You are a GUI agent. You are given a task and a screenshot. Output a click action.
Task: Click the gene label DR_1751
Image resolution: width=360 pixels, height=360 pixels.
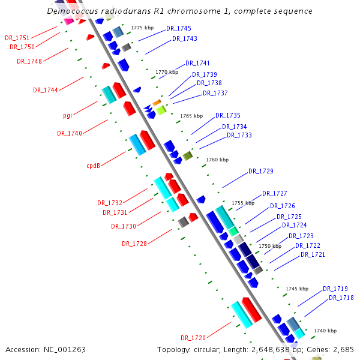[17, 38]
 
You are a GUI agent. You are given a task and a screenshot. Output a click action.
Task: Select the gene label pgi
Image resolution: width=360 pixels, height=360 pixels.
[68, 115]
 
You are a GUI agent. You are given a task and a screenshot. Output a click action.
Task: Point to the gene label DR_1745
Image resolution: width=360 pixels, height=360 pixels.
[179, 28]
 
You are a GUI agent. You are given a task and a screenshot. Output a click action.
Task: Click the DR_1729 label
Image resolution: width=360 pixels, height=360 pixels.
[261, 172]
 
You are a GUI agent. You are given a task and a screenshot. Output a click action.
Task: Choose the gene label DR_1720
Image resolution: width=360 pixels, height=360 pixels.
[193, 338]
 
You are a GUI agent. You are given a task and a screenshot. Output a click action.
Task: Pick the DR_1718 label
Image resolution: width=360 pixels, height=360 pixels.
[341, 298]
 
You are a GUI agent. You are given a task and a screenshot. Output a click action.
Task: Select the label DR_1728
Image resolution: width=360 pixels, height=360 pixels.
[134, 244]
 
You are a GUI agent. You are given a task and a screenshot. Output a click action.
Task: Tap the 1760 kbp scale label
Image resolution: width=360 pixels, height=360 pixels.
[217, 160]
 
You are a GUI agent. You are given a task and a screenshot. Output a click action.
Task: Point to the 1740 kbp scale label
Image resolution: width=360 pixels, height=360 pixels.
[325, 331]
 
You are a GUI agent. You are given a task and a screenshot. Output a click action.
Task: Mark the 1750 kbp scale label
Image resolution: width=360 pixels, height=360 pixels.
[270, 246]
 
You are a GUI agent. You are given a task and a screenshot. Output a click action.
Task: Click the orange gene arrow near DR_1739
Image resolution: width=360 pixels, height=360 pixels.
[157, 103]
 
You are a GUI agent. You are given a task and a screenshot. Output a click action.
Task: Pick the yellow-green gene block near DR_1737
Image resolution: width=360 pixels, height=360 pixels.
[161, 110]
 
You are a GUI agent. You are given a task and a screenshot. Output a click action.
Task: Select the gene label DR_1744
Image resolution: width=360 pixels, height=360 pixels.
[46, 90]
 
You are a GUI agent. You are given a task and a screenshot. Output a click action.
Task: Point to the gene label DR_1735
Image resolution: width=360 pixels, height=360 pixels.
[228, 115]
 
